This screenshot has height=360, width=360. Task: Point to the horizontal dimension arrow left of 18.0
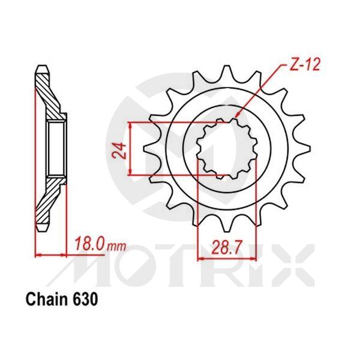54,255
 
